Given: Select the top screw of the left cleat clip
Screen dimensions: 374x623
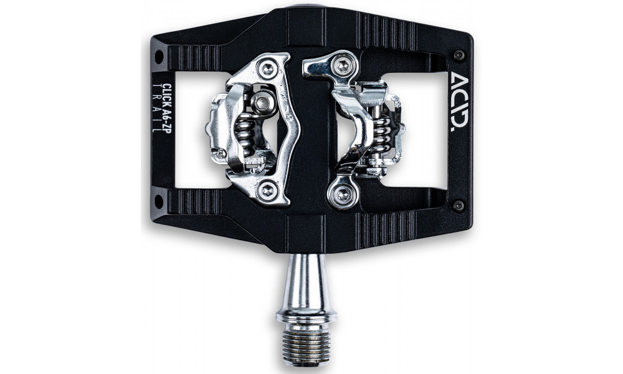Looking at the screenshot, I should click(269, 69).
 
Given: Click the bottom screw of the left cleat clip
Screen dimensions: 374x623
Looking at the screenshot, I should click(268, 189).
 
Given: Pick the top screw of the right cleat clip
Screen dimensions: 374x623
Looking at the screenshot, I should click(342, 65).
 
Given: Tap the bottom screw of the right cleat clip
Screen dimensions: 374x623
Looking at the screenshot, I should click(341, 196).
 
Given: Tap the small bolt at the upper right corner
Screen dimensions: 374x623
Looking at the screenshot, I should click(459, 55).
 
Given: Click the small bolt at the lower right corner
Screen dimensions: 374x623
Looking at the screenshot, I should click(459, 205).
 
